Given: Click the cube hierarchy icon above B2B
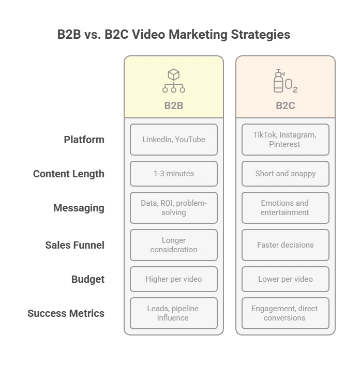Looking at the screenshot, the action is coord(174,81).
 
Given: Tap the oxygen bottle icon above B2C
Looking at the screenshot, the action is coord(285,81).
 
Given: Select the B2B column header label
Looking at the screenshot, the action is coord(174,105).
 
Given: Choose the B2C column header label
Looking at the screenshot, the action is coord(285,105).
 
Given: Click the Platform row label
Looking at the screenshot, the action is coord(84,140).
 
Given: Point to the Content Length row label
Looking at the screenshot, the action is coord(69,174).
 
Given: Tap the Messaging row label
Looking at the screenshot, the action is coord(79,208).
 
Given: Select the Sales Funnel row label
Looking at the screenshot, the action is coord(75,245).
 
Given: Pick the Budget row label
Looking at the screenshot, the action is coord(88,279).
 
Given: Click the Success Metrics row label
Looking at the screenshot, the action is coord(66,313).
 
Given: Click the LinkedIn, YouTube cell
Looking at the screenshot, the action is coord(174,140).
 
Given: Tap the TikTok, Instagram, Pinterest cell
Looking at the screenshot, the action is coord(285,140).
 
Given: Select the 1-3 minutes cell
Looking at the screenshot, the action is coord(174,174).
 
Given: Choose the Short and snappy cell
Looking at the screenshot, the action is coord(285,174).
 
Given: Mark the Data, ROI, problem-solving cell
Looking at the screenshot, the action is coord(174,208).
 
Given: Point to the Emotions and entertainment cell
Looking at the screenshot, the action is coord(285,208).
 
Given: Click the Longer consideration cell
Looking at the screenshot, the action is coord(174,245).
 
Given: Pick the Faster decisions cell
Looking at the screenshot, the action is coord(285,245).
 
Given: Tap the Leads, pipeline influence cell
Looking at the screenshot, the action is coord(174,313).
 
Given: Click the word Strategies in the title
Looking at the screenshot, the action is coord(261,35).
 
